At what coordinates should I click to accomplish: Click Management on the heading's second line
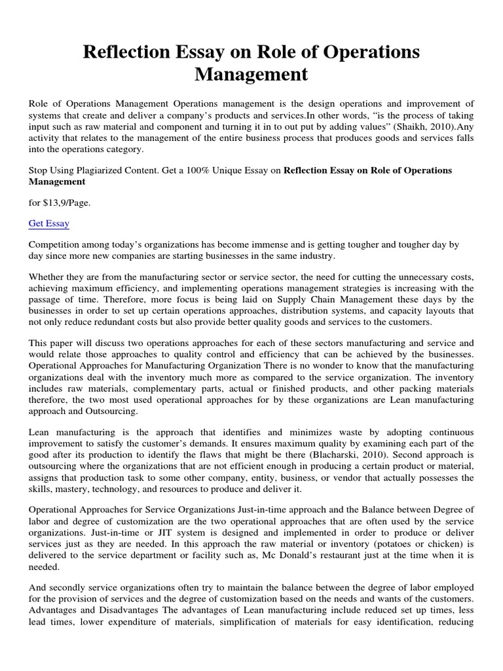[251, 75]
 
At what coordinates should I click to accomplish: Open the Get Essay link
[49, 223]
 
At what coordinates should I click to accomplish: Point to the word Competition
[54, 244]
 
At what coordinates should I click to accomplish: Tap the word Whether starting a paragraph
[48, 277]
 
